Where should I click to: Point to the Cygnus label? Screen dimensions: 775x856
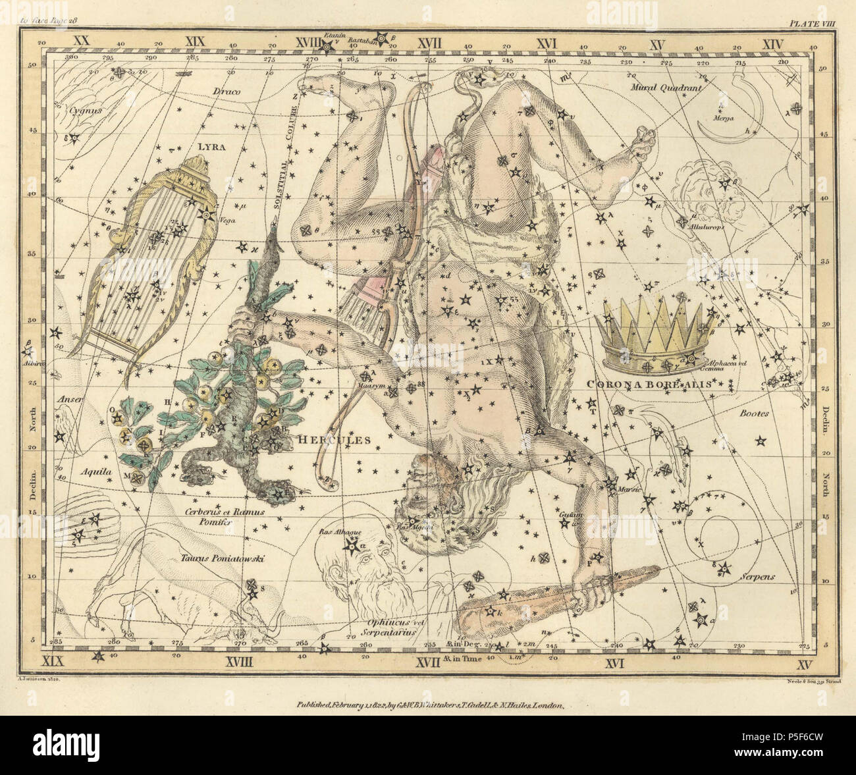click(86, 111)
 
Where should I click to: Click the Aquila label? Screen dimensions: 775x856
click(91, 472)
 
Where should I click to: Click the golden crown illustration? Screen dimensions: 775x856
click(656, 336)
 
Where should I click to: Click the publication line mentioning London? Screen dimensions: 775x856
click(427, 705)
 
